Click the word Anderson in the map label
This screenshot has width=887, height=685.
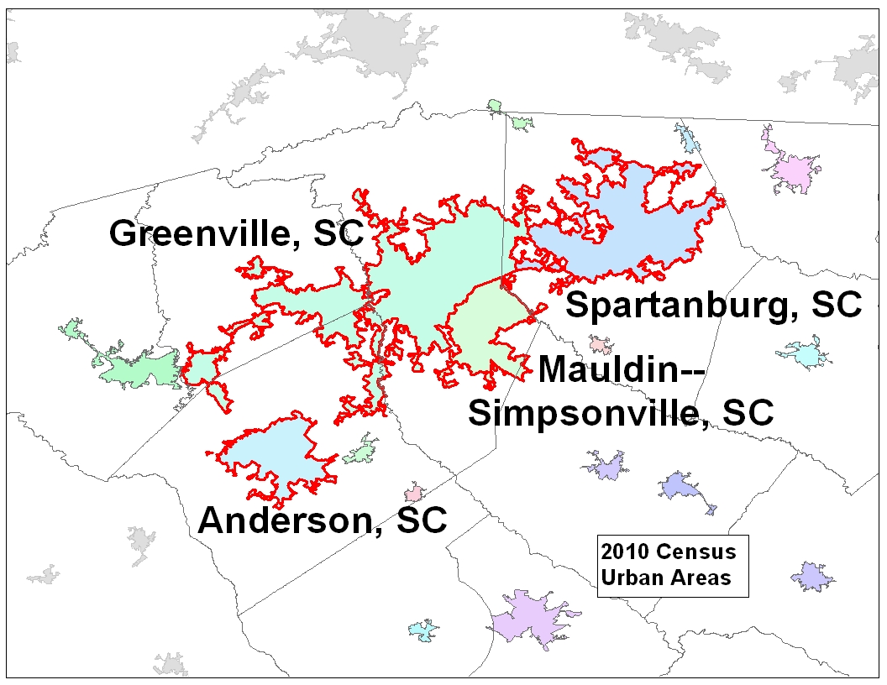click(x=285, y=520)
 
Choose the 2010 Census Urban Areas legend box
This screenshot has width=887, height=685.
click(x=672, y=565)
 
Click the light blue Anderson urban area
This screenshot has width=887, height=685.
click(x=273, y=453)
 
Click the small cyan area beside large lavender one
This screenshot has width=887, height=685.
click(x=423, y=630)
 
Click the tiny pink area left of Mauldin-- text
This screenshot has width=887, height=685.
click(x=600, y=344)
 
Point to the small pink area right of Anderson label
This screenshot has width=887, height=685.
click(x=413, y=492)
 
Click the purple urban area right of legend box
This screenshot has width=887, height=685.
click(x=812, y=576)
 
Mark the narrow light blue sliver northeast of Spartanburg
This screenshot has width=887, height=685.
click(x=690, y=139)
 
